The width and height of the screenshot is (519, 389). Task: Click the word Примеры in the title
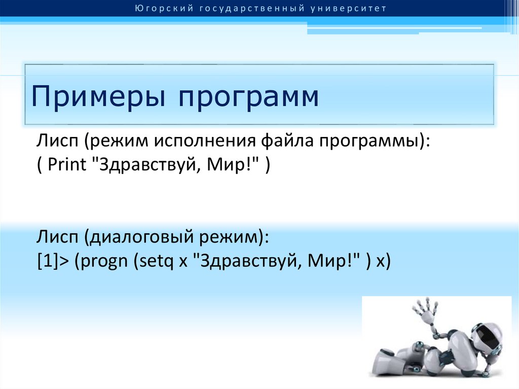98,97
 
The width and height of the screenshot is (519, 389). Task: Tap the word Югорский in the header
164,8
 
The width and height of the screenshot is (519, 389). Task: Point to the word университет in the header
349,9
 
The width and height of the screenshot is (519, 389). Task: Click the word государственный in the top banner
252,9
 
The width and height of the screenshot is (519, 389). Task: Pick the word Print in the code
66,164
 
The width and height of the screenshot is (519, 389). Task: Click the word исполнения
205,140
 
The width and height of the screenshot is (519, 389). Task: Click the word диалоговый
141,237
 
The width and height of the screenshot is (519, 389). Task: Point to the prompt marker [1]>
53,261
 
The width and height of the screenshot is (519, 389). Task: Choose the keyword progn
103,262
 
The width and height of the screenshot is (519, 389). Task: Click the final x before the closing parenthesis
381,262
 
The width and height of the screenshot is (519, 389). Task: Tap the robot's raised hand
426,308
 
